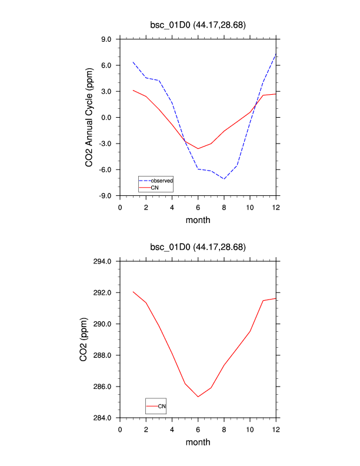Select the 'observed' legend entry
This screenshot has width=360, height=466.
coord(161,180)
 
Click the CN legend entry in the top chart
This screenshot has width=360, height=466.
coord(155,187)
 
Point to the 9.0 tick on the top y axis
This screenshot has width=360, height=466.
coord(106,39)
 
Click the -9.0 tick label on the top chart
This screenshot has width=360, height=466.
coord(105,196)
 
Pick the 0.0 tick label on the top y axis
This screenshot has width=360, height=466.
coord(106,118)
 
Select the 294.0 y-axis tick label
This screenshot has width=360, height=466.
coord(104,261)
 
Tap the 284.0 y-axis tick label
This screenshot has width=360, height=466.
coord(104,418)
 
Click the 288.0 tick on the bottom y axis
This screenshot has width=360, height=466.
coord(104,355)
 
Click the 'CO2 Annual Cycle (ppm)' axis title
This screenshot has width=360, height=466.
coord(89,118)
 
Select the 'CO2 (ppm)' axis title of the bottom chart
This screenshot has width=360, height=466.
coord(84,339)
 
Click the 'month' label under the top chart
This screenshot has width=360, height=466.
coord(198,221)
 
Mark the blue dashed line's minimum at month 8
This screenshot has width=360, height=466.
coord(224,179)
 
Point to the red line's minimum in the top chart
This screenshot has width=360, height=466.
coord(198,149)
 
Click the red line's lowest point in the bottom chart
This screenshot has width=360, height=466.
coord(198,397)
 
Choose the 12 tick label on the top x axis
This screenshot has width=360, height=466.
coord(276,207)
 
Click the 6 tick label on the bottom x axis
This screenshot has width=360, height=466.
coord(198,429)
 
